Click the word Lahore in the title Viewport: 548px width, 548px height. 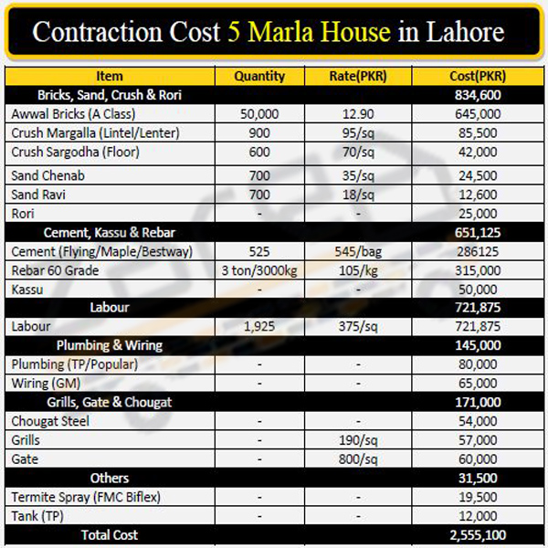tap(465, 32)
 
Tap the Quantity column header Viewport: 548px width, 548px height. tap(259, 76)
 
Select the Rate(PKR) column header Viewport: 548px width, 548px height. tap(358, 76)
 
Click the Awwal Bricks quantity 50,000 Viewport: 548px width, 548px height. tap(259, 114)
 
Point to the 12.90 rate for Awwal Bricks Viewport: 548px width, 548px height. tap(358, 114)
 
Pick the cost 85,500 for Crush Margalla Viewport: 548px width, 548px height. tap(478, 132)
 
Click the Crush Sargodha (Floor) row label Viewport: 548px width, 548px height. tap(75, 152)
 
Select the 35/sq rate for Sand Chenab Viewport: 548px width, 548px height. tap(358, 175)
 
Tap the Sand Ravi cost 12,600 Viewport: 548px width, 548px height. tap(478, 195)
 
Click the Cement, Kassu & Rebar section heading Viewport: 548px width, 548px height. tap(110, 233)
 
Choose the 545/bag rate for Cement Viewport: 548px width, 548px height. tap(358, 252)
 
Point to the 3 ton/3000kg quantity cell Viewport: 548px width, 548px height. tap(259, 270)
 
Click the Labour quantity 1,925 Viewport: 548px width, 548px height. tap(259, 326)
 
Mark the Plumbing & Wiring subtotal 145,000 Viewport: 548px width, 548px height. tap(478, 345)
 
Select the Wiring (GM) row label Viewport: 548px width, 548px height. tap(46, 384)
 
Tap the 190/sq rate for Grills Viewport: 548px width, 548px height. tap(358, 440)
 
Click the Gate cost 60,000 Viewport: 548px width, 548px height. tap(478, 459)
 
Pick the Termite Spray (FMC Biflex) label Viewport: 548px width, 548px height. tap(86, 497)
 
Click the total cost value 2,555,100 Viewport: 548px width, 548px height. tap(478, 535)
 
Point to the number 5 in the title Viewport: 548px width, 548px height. tap(234, 32)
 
